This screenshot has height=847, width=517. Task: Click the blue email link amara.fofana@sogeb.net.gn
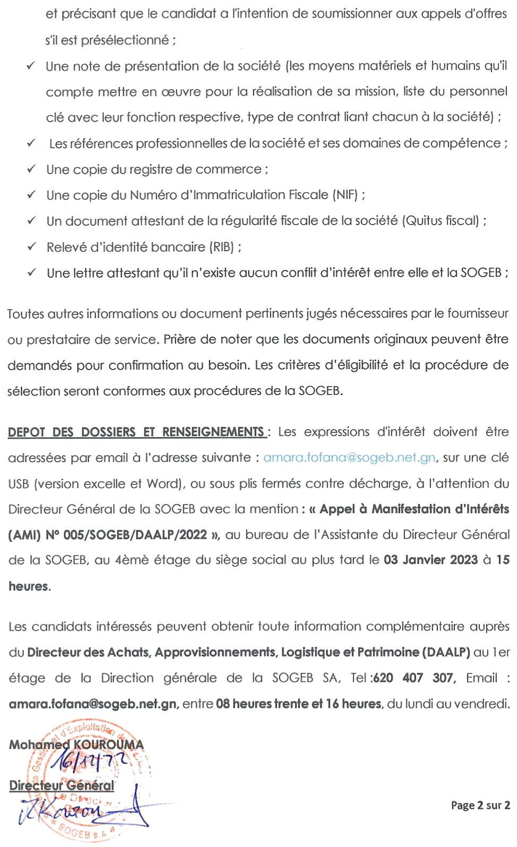click(x=349, y=458)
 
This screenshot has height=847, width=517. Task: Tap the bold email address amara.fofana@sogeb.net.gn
click(x=93, y=704)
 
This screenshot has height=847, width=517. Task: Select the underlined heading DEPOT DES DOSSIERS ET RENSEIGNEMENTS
click(x=136, y=432)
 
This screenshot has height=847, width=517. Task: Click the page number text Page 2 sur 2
click(x=480, y=805)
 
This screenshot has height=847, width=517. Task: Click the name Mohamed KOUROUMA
click(x=76, y=745)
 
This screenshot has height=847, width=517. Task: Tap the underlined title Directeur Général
click(x=62, y=785)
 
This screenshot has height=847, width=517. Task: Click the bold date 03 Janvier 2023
click(x=430, y=560)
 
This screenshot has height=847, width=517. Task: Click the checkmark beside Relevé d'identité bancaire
click(x=32, y=246)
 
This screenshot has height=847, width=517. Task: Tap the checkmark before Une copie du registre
click(x=32, y=169)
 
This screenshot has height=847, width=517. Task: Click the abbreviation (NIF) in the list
click(x=346, y=195)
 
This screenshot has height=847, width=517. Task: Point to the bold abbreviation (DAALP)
click(x=446, y=652)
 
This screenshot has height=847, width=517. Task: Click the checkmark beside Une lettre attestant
click(x=32, y=272)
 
